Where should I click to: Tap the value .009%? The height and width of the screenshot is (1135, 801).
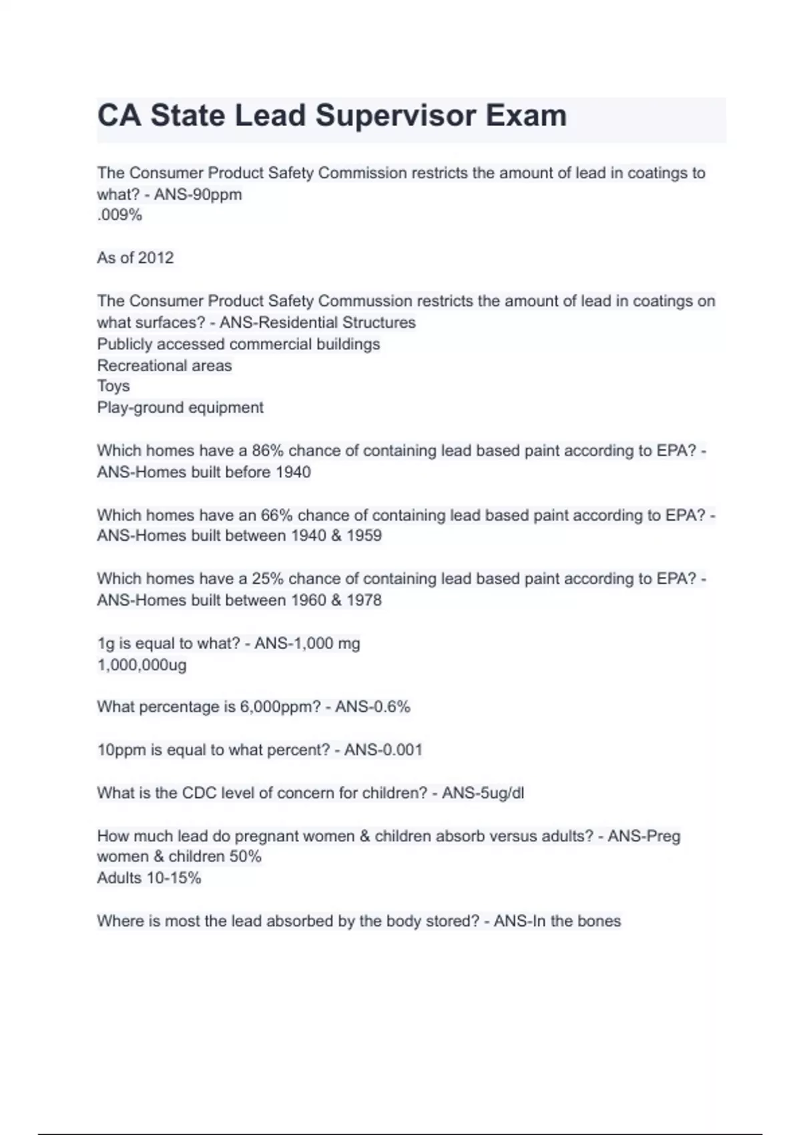tap(119, 215)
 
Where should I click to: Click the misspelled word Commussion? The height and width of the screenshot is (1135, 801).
tap(365, 301)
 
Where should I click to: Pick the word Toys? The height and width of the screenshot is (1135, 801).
tap(113, 386)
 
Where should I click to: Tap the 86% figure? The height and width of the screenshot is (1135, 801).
tap(268, 451)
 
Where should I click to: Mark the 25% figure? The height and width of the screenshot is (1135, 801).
tap(268, 579)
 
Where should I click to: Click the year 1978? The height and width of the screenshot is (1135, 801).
tap(364, 600)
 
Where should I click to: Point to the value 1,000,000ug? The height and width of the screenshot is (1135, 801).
tap(142, 665)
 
